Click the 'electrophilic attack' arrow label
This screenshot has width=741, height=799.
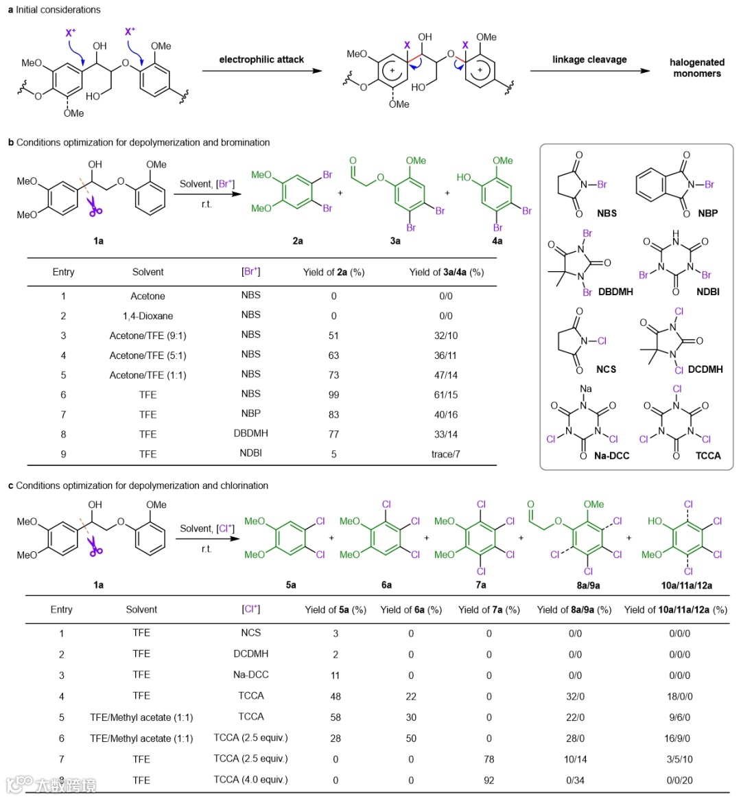[x=261, y=60]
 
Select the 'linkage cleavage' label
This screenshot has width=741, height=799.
[x=589, y=60]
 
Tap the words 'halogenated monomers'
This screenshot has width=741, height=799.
[x=696, y=67]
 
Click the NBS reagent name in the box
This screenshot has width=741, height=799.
[x=607, y=213]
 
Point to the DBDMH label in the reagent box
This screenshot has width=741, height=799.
[x=615, y=292]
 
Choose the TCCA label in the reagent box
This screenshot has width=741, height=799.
[x=708, y=456]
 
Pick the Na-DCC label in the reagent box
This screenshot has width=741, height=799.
[x=611, y=456]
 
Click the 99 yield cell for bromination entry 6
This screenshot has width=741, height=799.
[x=334, y=395]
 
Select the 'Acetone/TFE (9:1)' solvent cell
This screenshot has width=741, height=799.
[x=148, y=336]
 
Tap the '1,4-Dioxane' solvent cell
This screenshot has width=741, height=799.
[x=148, y=316]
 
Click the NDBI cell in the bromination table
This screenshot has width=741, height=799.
[x=250, y=453]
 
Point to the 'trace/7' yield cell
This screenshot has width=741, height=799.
[x=446, y=454]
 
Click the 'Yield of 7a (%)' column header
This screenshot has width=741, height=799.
[x=489, y=610]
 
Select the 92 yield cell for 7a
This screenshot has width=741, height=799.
[x=489, y=780]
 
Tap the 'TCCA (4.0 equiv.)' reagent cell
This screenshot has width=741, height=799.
[x=250, y=780]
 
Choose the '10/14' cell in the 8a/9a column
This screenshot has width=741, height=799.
[x=575, y=759]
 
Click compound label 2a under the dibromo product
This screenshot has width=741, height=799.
[x=297, y=241]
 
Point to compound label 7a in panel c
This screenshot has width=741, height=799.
[x=481, y=585]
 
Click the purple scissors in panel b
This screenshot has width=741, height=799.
[x=95, y=208]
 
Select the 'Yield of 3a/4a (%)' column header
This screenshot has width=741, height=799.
[x=446, y=273]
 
